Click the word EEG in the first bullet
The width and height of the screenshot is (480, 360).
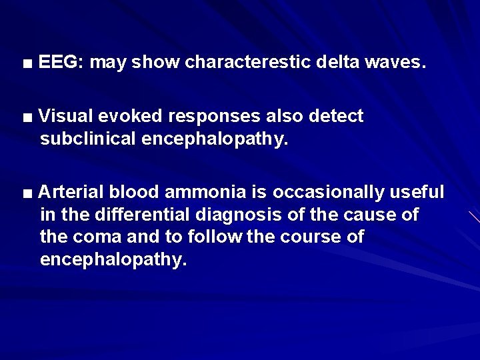coord(59,63)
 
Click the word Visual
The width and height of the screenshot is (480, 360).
coord(65,117)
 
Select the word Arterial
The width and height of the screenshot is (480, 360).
coord(71,193)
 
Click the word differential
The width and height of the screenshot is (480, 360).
coord(130,215)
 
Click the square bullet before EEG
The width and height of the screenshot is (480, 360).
coord(27,64)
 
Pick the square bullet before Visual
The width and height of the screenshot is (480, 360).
coord(27,118)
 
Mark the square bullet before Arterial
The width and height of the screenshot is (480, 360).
coord(27,194)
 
